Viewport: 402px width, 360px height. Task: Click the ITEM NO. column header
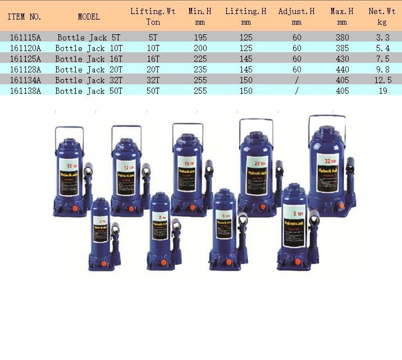[24, 17]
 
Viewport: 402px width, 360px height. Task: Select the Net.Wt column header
[382, 16]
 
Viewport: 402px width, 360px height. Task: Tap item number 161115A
[25, 38]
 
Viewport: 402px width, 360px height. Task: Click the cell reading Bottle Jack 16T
[89, 59]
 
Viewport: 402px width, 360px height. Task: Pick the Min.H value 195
[200, 38]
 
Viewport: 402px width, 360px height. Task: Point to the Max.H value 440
[342, 70]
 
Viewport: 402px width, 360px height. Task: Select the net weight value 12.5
[382, 80]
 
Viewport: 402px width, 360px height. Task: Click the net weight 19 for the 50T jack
[382, 91]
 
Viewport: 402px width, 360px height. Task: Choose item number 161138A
[25, 91]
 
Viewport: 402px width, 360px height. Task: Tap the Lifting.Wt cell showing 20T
[153, 70]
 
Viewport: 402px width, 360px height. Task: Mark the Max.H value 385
[342, 48]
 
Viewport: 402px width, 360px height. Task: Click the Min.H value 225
[200, 59]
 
